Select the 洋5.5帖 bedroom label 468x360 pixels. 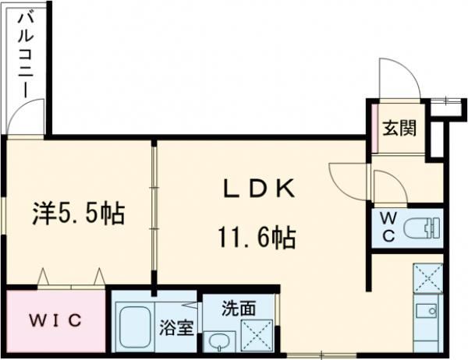click(x=79, y=212)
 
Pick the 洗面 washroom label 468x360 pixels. click(x=238, y=308)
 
